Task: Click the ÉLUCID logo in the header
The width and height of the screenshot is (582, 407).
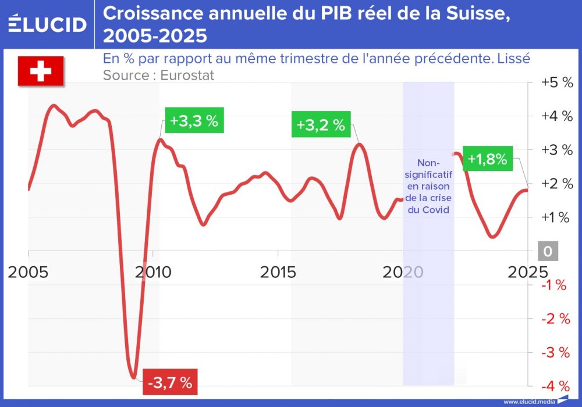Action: point(48,24)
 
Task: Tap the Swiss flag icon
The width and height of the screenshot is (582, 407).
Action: point(40,72)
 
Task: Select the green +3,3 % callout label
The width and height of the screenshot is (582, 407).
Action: point(194,122)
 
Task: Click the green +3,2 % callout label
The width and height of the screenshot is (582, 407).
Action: point(321,125)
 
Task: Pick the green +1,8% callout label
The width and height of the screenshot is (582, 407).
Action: point(487,159)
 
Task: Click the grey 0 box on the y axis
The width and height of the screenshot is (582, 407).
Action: point(548,251)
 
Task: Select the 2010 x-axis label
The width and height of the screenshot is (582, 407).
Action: point(154,272)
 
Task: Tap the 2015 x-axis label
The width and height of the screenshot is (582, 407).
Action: point(278,272)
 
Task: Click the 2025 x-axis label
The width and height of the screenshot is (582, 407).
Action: point(526,272)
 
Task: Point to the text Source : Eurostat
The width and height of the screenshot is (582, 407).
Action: point(158,75)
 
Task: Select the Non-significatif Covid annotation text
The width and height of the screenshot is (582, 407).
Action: point(428,186)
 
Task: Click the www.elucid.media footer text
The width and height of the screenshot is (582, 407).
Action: point(529,402)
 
